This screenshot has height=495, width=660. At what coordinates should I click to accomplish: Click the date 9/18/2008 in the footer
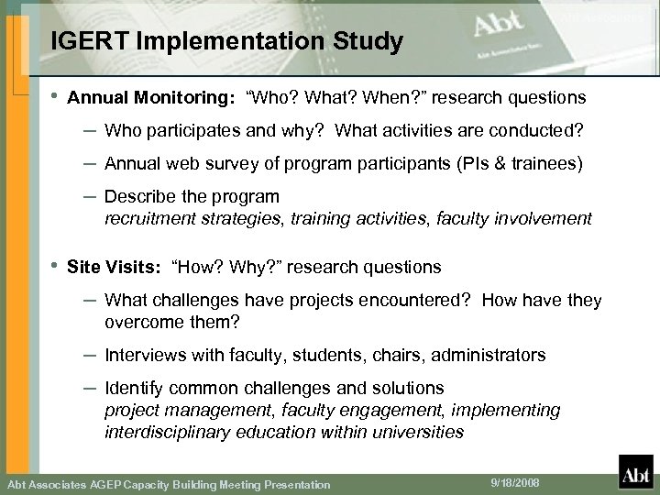(x=501, y=482)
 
